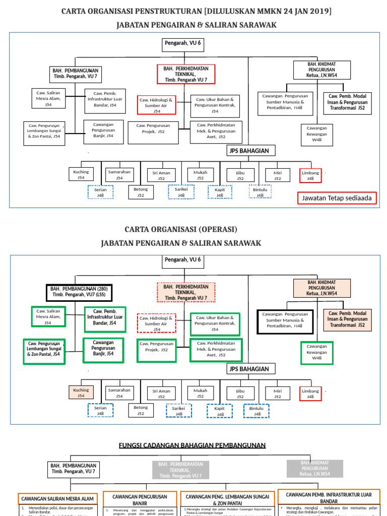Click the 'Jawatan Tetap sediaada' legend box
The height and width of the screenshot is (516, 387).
coord(337,198)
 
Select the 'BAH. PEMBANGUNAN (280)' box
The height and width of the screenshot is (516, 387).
coord(79,292)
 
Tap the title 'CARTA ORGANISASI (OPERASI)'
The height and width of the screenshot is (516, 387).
coord(181,229)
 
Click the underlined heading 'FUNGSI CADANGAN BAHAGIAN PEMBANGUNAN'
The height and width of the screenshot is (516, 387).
coord(192,445)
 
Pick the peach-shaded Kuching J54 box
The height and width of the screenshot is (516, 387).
coord(81,393)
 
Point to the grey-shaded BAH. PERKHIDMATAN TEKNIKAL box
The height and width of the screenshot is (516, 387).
coord(180,470)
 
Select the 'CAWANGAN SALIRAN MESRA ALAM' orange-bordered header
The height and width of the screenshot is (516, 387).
coord(58,499)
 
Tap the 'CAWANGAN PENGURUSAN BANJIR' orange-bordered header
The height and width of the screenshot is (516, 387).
coord(140,499)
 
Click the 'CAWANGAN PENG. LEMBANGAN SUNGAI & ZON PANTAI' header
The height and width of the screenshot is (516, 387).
coord(226,499)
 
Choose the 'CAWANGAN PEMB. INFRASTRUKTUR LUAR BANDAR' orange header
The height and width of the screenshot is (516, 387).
coord(329,497)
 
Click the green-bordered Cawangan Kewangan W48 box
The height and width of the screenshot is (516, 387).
coord(316,352)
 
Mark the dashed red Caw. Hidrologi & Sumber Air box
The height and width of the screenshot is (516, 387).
coord(157,324)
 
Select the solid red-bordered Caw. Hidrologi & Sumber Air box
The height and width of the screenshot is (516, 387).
coord(157,105)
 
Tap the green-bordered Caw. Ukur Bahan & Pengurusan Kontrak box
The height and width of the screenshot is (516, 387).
coord(215,324)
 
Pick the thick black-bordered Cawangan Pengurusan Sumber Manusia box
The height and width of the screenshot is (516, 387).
coord(285,321)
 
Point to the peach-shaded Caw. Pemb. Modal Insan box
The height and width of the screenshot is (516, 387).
coord(347,319)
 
